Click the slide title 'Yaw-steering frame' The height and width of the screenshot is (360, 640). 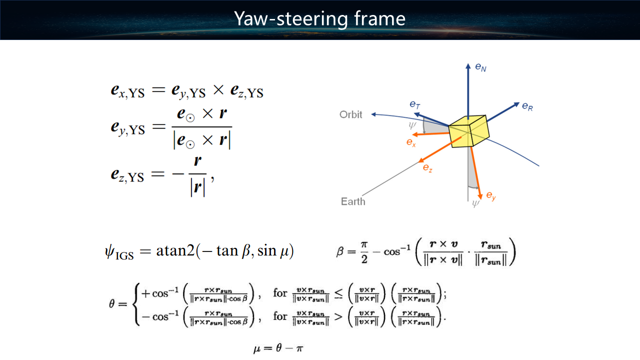point(319,19)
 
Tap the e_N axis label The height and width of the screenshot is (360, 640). point(480,67)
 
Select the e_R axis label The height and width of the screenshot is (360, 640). point(527,106)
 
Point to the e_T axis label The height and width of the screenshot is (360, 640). point(415,104)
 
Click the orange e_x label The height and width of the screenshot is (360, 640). point(411,142)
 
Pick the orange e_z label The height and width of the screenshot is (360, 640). point(427,167)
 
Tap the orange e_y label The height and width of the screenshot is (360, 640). point(491,196)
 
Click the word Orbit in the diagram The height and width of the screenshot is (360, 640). point(350,114)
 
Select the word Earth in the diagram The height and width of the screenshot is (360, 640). point(353,201)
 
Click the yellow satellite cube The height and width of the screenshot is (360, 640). point(468,131)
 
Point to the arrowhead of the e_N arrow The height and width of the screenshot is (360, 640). point(468,66)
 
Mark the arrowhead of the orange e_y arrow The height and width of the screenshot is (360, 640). point(480,195)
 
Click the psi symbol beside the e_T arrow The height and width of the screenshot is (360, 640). point(412,125)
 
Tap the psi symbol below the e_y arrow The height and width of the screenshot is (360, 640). point(475,203)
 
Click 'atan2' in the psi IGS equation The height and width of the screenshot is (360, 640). point(175,251)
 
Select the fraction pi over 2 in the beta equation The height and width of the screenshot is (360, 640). point(364,252)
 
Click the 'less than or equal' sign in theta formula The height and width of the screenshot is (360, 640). point(338,294)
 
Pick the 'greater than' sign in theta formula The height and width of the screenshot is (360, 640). point(338,316)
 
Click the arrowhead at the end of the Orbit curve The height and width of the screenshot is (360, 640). point(373,114)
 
